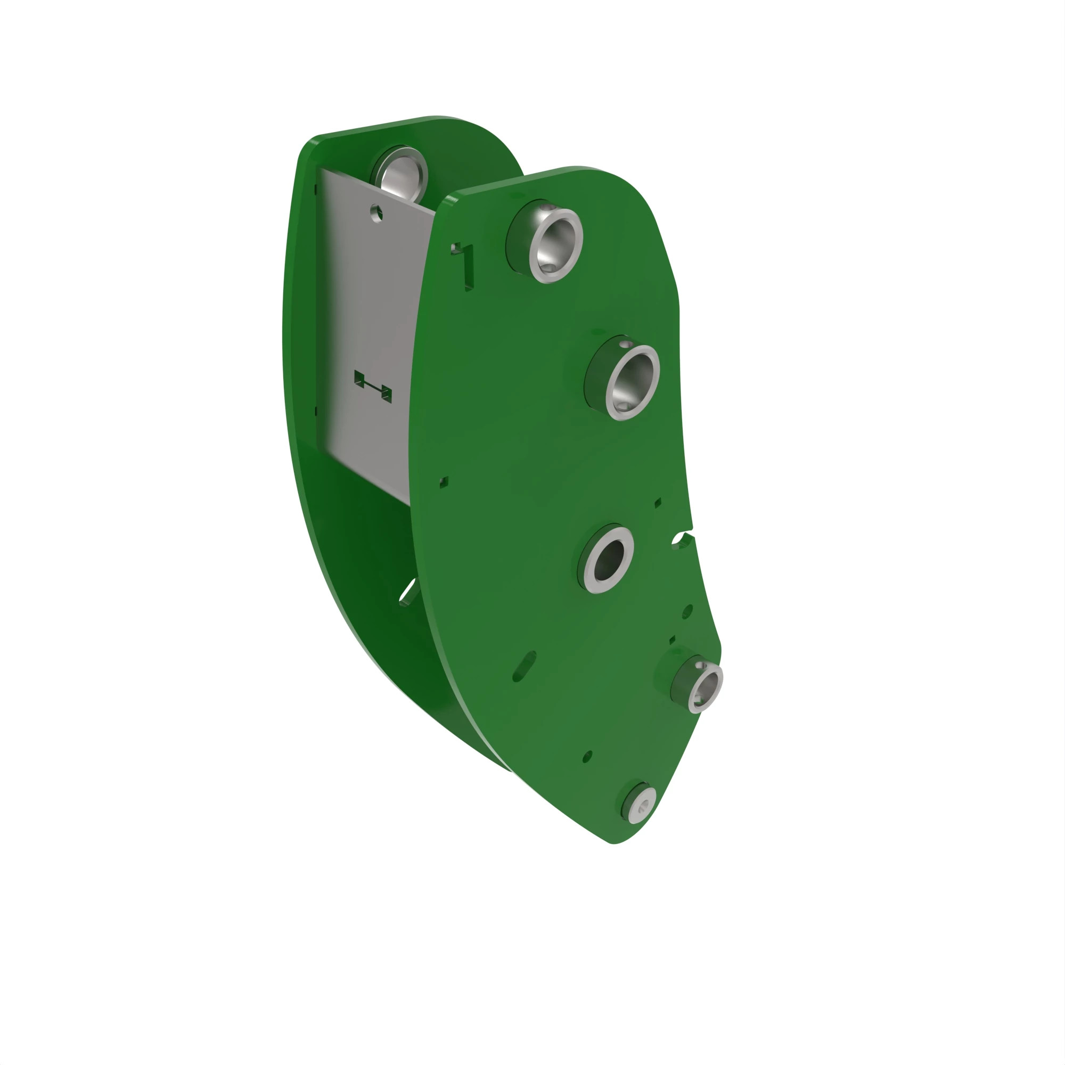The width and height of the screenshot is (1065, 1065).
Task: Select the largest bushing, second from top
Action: click(x=632, y=382)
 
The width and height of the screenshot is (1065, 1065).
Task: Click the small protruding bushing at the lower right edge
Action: click(x=704, y=688)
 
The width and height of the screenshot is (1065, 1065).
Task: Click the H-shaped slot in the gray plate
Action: click(x=373, y=386)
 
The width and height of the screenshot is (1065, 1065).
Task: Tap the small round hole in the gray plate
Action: click(x=376, y=212)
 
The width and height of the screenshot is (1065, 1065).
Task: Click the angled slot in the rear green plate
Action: click(x=408, y=592)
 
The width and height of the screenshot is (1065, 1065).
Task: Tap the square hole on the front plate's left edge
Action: click(x=444, y=482)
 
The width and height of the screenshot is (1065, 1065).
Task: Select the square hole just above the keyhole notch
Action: click(x=658, y=503)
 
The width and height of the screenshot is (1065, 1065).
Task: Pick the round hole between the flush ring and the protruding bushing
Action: click(x=687, y=611)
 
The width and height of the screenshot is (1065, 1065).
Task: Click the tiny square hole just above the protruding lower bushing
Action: click(x=672, y=640)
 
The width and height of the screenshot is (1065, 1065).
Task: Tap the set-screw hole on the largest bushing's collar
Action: click(x=625, y=344)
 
